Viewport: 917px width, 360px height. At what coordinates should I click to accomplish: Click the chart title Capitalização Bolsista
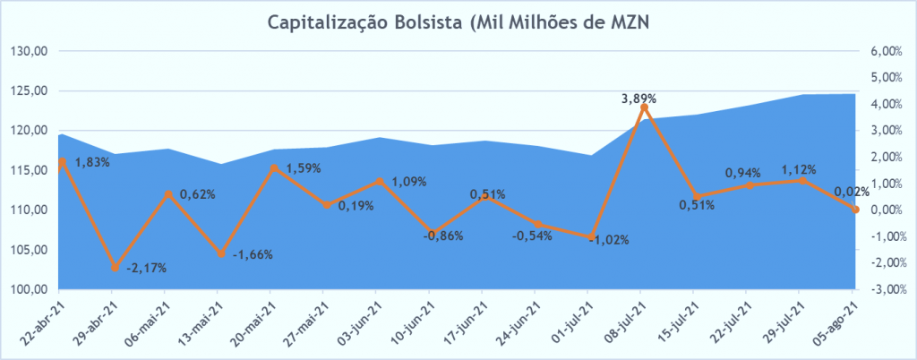458,22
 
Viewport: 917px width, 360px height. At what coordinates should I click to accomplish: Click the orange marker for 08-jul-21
644,107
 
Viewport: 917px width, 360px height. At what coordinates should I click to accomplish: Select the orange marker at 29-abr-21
115,268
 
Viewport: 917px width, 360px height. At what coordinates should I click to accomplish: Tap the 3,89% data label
639,98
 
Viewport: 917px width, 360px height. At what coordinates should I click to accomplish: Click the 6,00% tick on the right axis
885,51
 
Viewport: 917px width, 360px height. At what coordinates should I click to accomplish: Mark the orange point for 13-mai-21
220,254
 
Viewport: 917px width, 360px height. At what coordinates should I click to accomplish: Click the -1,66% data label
253,254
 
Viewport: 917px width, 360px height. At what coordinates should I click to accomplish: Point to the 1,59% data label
304,167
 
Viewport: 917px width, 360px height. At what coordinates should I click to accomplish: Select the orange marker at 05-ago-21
855,210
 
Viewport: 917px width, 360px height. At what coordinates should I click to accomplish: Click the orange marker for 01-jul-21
591,237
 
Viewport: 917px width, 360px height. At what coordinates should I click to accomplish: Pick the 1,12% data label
799,168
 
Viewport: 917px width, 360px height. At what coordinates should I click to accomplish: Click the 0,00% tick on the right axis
885,210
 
